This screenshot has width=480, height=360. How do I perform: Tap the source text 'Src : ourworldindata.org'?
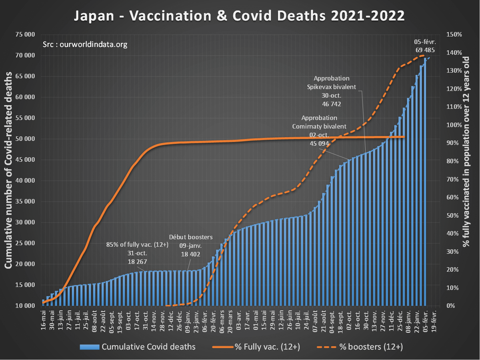pos(85,44)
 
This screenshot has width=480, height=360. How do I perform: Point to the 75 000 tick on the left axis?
pos(25,35)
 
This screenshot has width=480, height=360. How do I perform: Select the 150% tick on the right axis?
pos(454,35)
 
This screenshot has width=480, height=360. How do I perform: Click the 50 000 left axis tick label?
pos(25,139)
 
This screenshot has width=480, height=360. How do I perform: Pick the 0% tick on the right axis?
pos(450,306)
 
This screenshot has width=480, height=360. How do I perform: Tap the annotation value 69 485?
pos(425,50)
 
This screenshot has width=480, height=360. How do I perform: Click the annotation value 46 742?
pos(331,104)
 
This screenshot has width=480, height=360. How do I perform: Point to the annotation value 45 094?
pos(319,143)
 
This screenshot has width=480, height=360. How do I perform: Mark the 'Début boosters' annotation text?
pos(191,237)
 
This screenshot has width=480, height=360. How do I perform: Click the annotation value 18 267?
pos(137,262)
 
